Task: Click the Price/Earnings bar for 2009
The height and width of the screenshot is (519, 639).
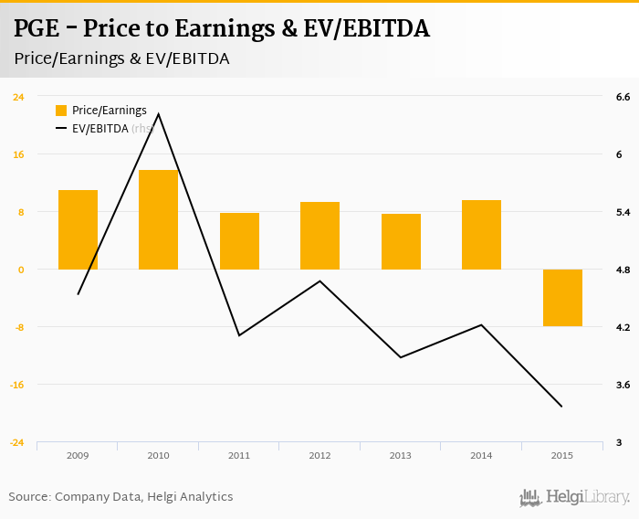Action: [x=78, y=229]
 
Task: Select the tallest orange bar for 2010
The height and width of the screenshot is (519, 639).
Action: [x=158, y=219]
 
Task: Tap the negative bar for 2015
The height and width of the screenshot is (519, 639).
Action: [x=562, y=298]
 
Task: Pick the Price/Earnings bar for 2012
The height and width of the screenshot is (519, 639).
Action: [x=319, y=236]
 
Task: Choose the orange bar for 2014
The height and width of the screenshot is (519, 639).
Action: [x=481, y=235]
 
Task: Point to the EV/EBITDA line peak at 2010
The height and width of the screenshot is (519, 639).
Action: [x=159, y=114]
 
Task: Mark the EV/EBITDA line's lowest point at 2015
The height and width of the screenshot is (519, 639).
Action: [x=561, y=407]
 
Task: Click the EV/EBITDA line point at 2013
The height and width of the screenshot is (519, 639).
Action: [x=401, y=357]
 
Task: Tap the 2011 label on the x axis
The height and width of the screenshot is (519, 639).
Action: [x=239, y=454]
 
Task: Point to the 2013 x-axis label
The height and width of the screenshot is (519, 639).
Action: [x=401, y=454]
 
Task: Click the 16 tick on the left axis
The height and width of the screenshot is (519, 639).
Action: [x=18, y=154]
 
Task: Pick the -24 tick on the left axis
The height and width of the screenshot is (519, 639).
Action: [x=17, y=442]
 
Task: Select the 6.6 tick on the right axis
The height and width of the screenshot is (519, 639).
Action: [x=623, y=97]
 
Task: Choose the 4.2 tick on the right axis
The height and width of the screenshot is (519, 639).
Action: [x=623, y=327]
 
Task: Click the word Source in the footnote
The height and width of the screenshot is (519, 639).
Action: [x=29, y=497]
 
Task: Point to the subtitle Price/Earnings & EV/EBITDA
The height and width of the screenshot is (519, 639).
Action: [x=121, y=58]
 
